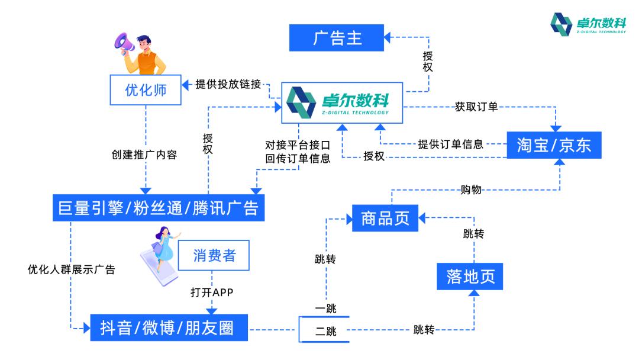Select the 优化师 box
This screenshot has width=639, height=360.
tap(146, 90)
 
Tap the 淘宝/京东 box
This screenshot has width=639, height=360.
tap(554, 144)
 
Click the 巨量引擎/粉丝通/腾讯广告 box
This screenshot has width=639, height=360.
tap(158, 208)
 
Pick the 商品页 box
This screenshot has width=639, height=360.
tap(385, 218)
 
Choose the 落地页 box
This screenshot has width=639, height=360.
tap(470, 276)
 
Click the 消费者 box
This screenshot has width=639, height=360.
tap(214, 255)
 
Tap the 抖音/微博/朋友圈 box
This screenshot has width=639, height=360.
tap(169, 327)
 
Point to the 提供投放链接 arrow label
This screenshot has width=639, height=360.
tap(228, 84)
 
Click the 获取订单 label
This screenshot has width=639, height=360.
tap(476, 107)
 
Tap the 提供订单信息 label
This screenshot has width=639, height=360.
tap(450, 144)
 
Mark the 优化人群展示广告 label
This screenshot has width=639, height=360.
tap(71, 269)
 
